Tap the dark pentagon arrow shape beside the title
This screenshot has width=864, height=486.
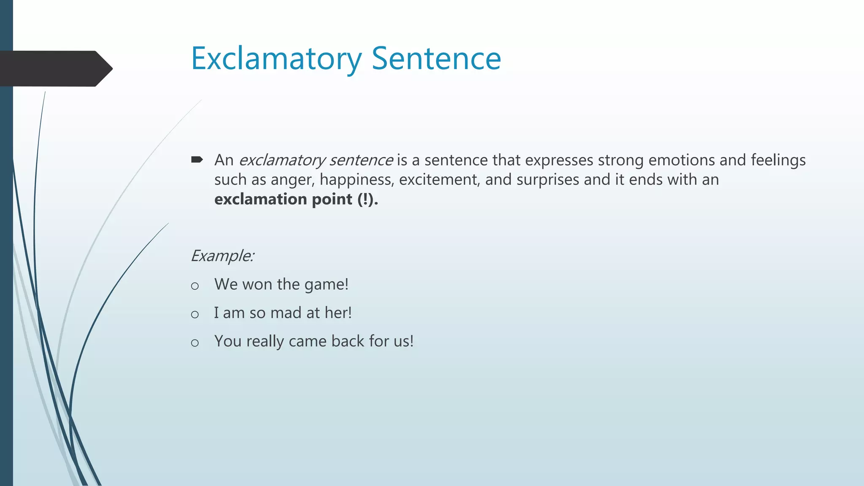55,69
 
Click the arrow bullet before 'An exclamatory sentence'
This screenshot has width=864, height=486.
197,159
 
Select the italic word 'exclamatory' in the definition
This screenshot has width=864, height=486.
282,160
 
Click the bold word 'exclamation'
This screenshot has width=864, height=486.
260,199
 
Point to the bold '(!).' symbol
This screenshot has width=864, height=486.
367,199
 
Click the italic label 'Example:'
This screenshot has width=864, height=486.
222,256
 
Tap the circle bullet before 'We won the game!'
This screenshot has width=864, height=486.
194,286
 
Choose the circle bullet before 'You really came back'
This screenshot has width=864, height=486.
194,343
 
